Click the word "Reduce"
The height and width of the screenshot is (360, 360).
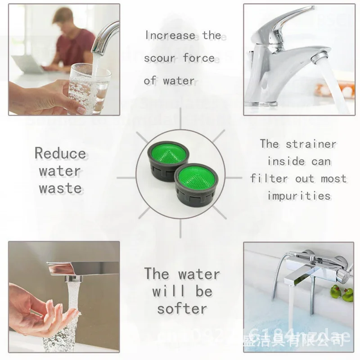pyautogui.click(x=60, y=153)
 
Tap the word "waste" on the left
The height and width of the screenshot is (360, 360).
pyautogui.click(x=60, y=188)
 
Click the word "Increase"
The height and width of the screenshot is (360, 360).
pyautogui.click(x=170, y=36)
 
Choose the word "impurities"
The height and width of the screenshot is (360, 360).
pyautogui.click(x=299, y=195)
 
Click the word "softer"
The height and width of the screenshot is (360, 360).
pyautogui.click(x=182, y=309)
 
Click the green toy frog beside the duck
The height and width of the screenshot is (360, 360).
pyautogui.click(x=335, y=292)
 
